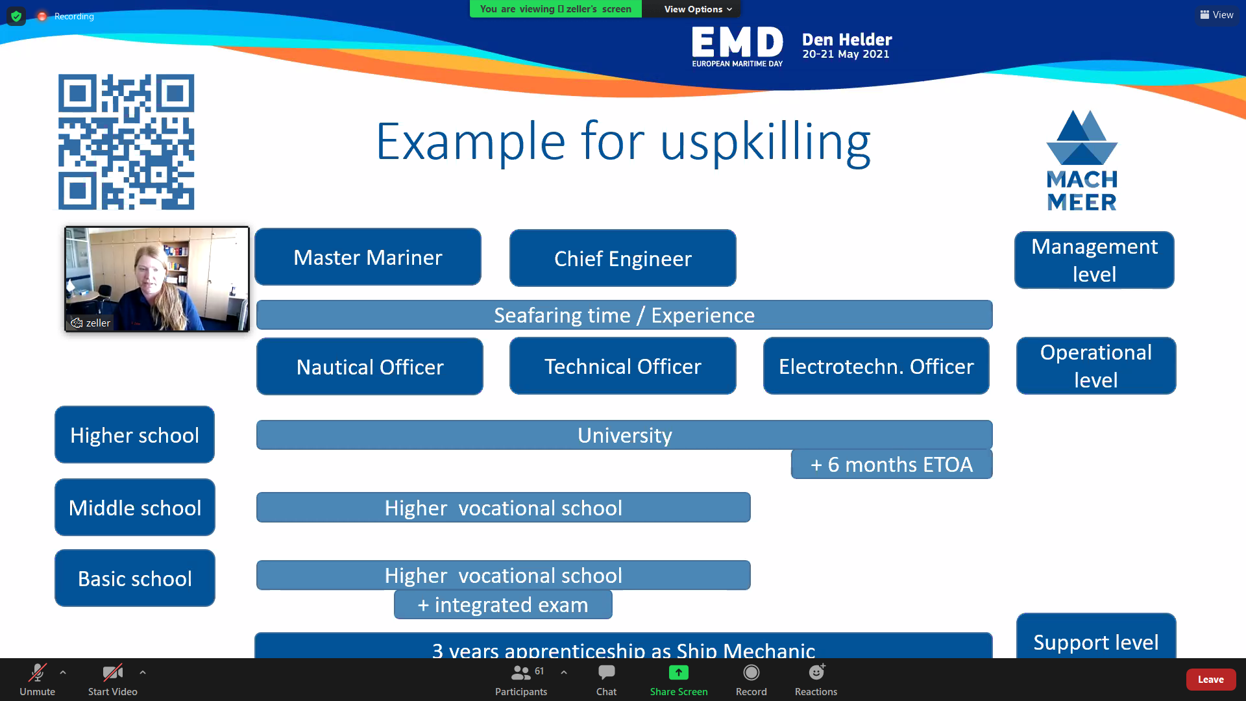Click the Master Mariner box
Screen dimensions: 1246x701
coord(368,257)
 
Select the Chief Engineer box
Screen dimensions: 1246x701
coord(623,258)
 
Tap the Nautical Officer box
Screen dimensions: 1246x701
coord(370,367)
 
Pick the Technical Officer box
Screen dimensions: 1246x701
coord(623,366)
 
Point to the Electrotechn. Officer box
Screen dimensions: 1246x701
coord(876,366)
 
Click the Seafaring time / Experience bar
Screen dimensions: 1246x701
coord(624,315)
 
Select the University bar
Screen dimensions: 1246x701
coord(624,435)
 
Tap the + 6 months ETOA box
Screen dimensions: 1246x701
coord(892,464)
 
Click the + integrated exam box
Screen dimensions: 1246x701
coord(503,604)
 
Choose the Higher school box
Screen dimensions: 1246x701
coord(135,435)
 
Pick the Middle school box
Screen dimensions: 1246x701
coord(135,508)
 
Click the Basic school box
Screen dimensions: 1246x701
coord(135,578)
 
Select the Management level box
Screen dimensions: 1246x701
coord(1094,260)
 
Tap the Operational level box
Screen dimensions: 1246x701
coord(1096,366)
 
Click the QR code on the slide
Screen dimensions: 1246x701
coord(127,142)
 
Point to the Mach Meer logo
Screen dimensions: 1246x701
coord(1082,160)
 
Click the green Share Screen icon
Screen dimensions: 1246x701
coord(679,672)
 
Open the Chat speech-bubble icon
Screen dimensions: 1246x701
coord(607,672)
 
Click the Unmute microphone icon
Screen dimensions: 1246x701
coord(38,672)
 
